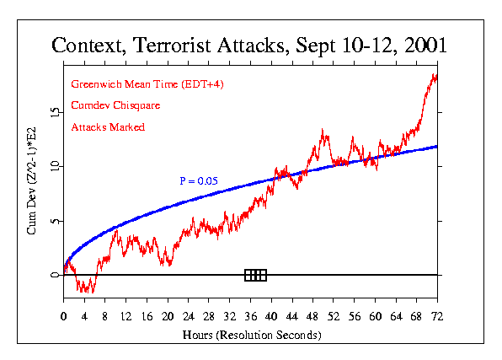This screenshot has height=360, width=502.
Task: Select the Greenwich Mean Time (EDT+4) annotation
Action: tap(147, 84)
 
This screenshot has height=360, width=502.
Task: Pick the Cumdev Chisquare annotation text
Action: tap(115, 105)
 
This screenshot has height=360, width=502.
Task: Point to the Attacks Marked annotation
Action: tap(108, 126)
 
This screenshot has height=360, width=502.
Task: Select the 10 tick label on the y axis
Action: tap(53, 166)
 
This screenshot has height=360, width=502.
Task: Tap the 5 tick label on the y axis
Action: tap(53, 222)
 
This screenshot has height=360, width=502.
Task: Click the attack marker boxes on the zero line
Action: tap(255, 275)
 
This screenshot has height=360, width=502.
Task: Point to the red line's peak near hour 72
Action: tap(435, 75)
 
